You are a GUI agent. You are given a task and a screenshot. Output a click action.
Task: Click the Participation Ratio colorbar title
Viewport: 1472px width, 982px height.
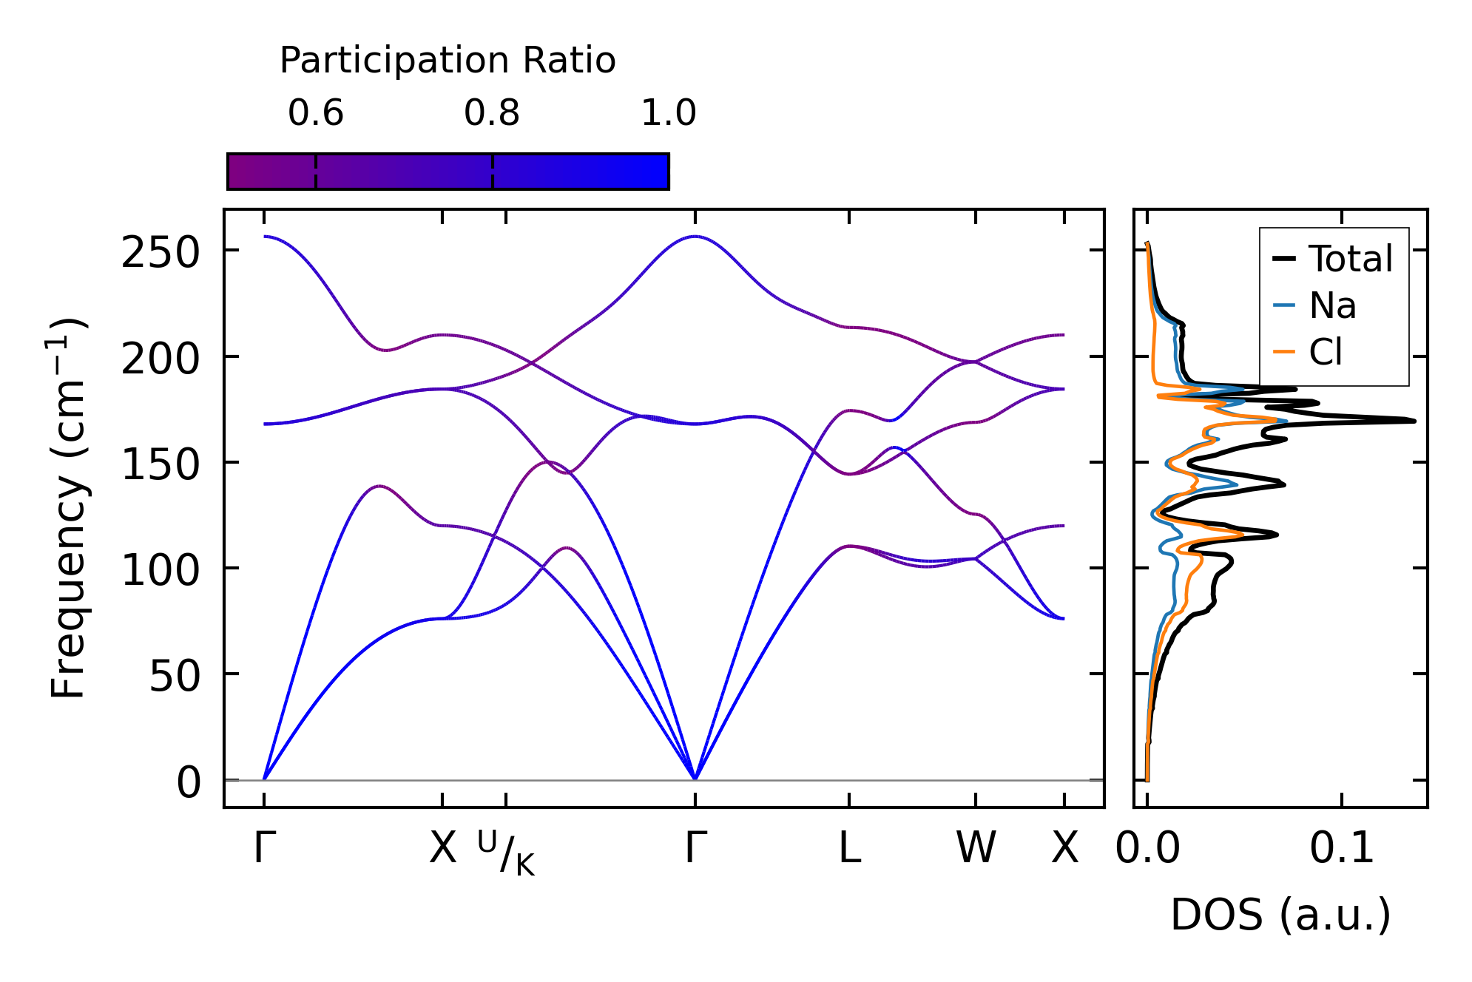pyautogui.click(x=447, y=61)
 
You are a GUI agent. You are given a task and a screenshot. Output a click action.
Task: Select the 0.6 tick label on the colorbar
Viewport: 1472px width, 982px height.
pyautogui.click(x=316, y=113)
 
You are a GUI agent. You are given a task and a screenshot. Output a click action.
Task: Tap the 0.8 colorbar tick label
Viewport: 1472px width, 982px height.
pyautogui.click(x=492, y=113)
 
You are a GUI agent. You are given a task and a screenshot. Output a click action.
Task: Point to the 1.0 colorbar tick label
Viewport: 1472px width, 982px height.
pyautogui.click(x=668, y=113)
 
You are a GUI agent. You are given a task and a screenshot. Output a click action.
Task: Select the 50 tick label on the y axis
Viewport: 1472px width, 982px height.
pyautogui.click(x=175, y=677)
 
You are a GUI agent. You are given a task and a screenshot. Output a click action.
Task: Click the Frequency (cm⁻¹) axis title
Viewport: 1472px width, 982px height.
pyautogui.click(x=68, y=508)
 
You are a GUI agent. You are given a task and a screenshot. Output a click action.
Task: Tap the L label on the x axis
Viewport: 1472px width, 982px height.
pyautogui.click(x=849, y=848)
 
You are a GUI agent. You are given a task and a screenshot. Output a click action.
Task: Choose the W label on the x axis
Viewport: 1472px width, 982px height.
pyautogui.click(x=976, y=848)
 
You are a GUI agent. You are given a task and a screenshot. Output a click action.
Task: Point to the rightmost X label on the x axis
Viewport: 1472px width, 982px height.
pyautogui.click(x=1064, y=848)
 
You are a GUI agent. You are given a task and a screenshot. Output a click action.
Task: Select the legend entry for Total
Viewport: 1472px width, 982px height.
pyautogui.click(x=1350, y=259)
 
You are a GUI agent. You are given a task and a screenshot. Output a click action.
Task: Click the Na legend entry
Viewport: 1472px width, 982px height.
pyautogui.click(x=1332, y=305)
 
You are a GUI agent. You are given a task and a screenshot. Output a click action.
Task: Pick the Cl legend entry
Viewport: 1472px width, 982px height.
pyautogui.click(x=1326, y=352)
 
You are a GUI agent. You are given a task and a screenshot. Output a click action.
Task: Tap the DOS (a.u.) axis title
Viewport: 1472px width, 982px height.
pyautogui.click(x=1280, y=915)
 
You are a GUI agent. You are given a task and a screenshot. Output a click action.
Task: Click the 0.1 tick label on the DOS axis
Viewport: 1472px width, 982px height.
pyautogui.click(x=1341, y=848)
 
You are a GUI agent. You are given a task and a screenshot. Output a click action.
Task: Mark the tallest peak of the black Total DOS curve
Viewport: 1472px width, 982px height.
pyautogui.click(x=1414, y=421)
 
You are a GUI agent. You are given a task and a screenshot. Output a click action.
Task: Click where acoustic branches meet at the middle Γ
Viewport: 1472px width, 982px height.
pyautogui.click(x=695, y=779)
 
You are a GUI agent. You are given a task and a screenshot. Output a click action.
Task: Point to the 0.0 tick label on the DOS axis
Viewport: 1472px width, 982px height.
pyautogui.click(x=1147, y=848)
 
